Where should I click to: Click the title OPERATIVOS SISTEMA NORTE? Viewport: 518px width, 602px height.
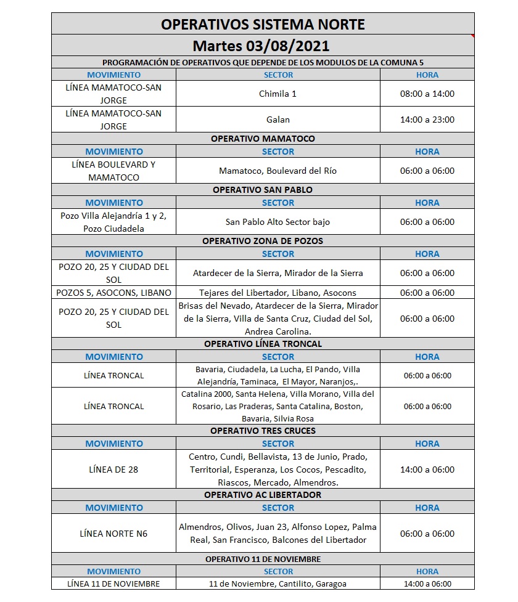[x=263, y=25]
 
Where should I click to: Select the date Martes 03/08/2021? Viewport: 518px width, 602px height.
[x=261, y=46]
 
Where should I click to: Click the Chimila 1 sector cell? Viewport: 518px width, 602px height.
[x=277, y=94]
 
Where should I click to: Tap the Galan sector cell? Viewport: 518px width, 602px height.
[x=277, y=120]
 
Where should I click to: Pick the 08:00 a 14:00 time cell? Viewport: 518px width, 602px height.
[x=427, y=94]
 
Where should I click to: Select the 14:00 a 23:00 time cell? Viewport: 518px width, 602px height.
[x=427, y=120]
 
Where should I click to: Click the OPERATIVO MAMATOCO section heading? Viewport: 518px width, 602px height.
[x=263, y=139]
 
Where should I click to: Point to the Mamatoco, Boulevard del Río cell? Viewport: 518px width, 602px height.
[x=277, y=171]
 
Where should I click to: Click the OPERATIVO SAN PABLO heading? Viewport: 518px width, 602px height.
[x=263, y=190]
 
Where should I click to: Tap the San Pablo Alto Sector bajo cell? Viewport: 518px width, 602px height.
[x=277, y=222]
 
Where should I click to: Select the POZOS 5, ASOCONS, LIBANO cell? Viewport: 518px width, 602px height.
[x=114, y=293]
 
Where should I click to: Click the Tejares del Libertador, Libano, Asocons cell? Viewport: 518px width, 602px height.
[x=277, y=293]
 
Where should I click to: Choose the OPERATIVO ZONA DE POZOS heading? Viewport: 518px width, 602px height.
[x=263, y=241]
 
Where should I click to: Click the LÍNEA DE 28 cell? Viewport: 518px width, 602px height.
[x=114, y=470]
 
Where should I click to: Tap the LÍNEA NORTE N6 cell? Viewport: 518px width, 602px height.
[x=114, y=534]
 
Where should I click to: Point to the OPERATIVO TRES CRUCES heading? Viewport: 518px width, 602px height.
[x=263, y=431]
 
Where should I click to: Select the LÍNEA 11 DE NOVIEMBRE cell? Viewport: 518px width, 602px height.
[x=114, y=584]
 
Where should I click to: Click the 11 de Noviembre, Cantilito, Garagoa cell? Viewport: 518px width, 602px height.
[x=277, y=584]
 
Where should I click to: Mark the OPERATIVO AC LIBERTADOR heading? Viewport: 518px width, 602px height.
[x=263, y=495]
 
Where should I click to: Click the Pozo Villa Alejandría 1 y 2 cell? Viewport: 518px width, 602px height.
[x=114, y=222]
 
